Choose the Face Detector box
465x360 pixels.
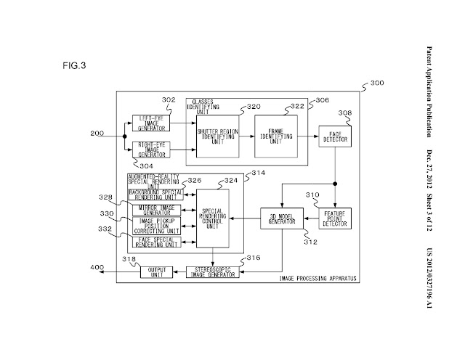pos(334,136)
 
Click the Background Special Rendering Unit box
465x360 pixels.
pos(155,194)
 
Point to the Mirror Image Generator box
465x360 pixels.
pos(155,210)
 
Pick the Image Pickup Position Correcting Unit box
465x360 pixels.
pos(155,226)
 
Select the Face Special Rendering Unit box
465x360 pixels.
pos(155,242)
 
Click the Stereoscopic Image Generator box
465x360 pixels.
pos(212,271)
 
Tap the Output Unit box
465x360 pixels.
pos(157,271)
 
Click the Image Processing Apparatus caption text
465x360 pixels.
pos(318,279)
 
